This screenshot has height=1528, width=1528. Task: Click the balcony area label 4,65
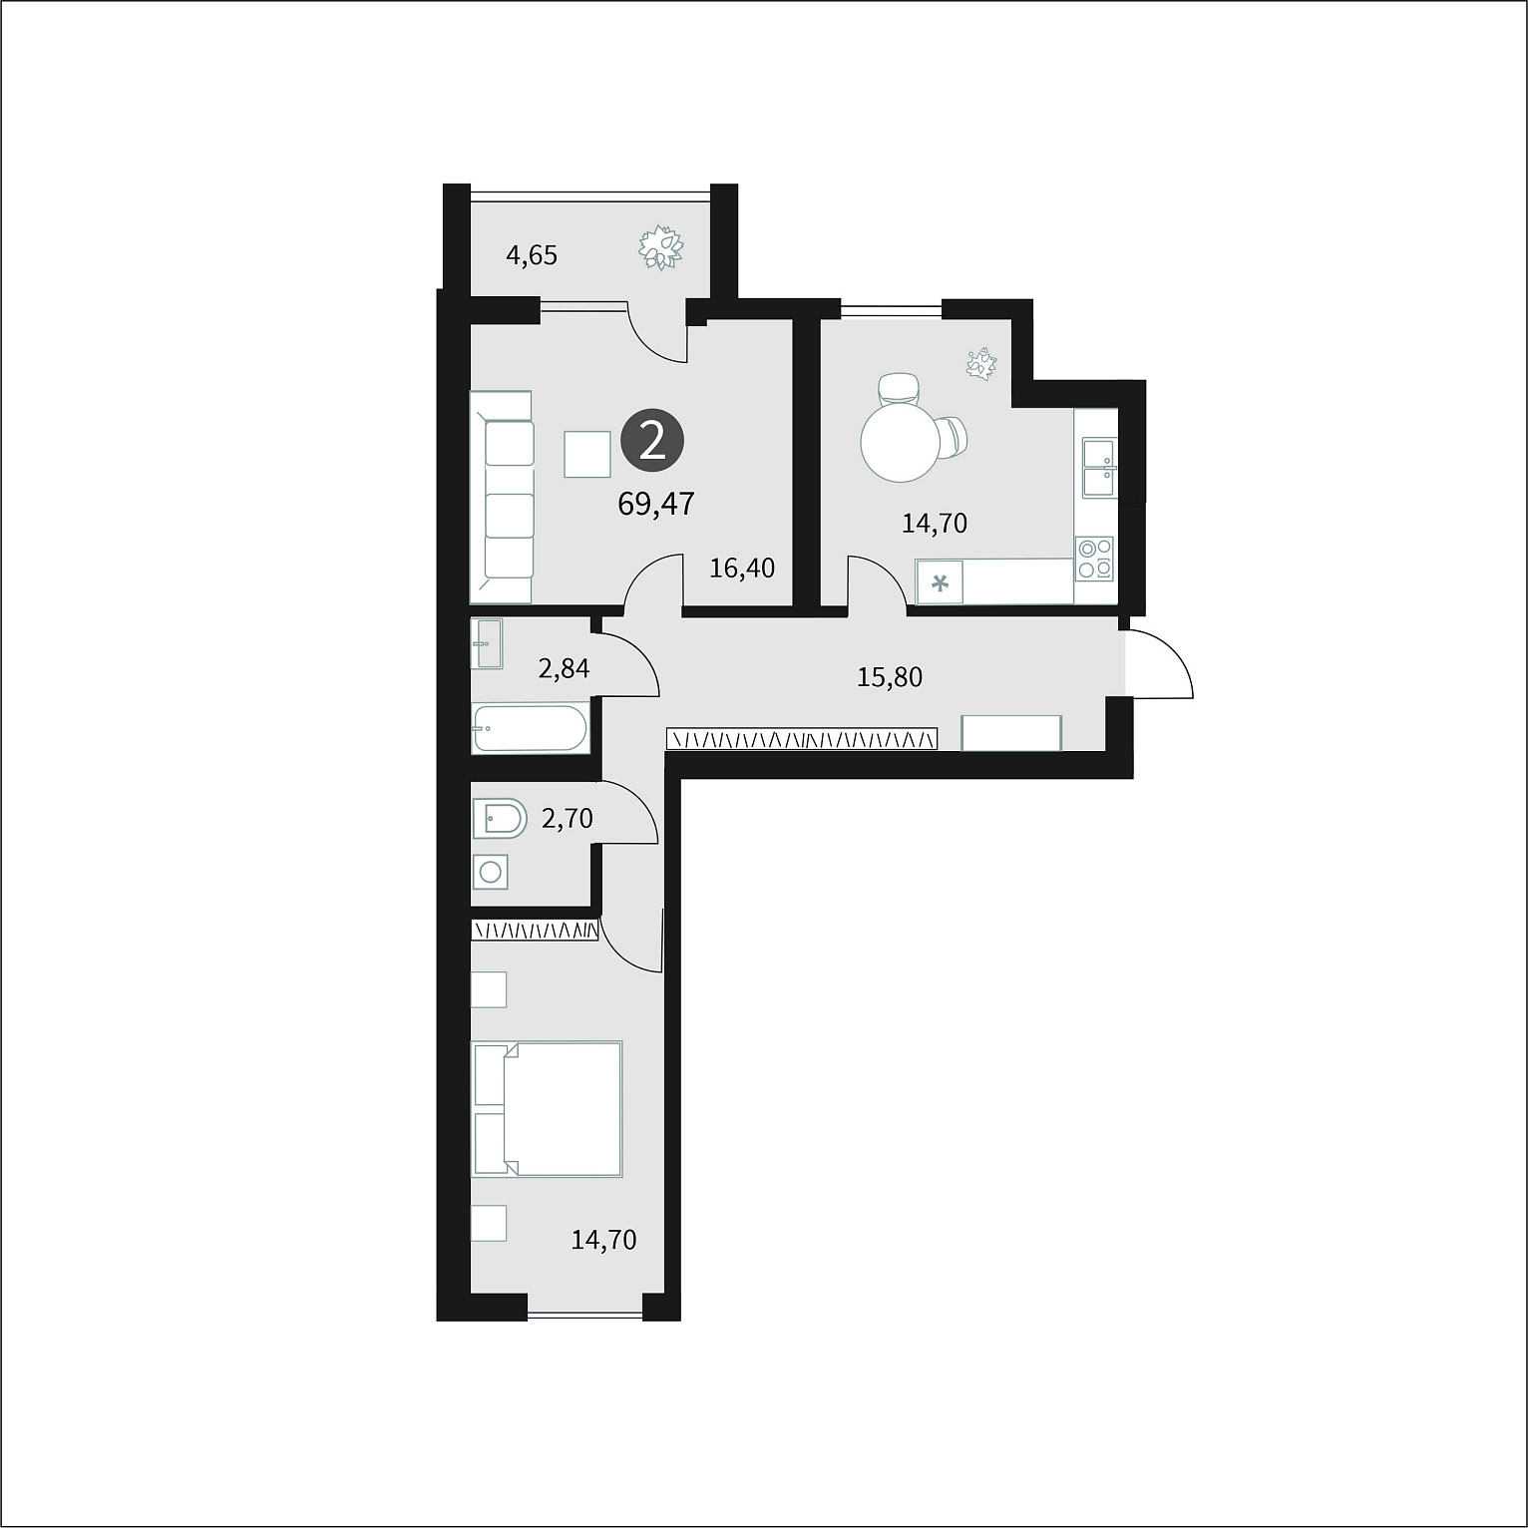532,256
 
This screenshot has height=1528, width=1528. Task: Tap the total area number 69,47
656,504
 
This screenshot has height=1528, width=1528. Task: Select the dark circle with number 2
653,440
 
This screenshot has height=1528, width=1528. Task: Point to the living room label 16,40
742,569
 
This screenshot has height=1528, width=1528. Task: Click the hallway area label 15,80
890,677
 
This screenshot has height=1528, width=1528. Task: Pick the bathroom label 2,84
564,668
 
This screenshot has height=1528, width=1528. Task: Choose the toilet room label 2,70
567,819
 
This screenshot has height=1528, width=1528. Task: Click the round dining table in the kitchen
901,442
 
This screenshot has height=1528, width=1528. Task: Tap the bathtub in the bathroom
531,729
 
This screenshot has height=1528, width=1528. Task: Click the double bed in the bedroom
548,1109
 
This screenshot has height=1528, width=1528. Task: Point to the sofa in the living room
502,497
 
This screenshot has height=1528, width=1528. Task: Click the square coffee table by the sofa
587,454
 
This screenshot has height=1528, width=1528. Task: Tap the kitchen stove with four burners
1095,559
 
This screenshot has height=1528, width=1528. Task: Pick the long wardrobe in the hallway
802,739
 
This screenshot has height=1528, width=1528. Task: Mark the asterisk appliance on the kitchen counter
940,583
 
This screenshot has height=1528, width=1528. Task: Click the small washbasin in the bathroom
487,644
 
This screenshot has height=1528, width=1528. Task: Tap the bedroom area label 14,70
603,1241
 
